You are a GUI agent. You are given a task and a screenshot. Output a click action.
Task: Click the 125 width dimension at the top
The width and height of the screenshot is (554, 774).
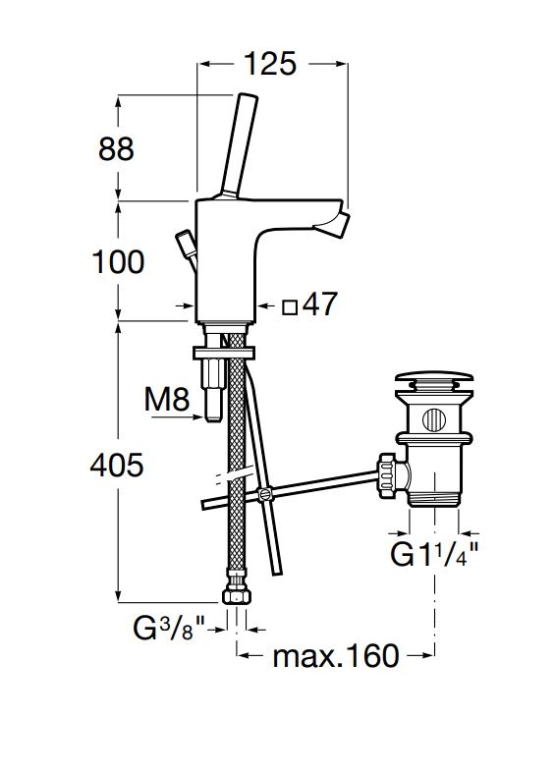point(270,63)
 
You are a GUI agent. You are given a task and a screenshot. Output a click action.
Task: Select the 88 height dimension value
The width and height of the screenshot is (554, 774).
point(116,148)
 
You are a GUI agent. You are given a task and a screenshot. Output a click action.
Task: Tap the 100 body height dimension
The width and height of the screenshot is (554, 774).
point(119,261)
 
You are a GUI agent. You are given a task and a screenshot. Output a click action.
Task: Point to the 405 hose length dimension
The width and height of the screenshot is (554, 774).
point(117,465)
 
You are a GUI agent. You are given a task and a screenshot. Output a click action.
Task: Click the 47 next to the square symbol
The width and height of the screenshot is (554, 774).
point(320,304)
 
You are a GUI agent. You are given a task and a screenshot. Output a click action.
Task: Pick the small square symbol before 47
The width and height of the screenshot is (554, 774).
point(290,308)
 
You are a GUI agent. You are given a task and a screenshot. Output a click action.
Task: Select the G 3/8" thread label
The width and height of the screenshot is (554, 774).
point(169,629)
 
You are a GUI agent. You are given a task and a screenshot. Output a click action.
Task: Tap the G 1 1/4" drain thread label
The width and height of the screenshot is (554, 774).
point(434,554)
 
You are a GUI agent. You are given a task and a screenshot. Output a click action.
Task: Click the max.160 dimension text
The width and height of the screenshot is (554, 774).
point(336,656)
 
